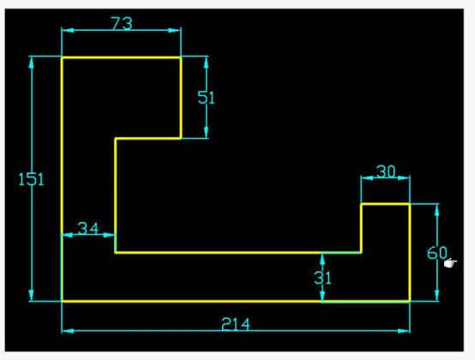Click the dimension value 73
tap(122, 23)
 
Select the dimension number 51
tap(206, 98)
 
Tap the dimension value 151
tap(31, 179)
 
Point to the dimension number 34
tap(88, 228)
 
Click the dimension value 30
tap(386, 171)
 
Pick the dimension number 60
tap(437, 253)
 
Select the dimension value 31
tap(323, 278)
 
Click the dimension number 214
tap(236, 324)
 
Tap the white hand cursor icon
tap(450, 263)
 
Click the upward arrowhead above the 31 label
tap(322, 259)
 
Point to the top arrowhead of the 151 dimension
tap(31, 62)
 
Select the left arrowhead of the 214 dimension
tap(68, 331)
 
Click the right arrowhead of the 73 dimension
tap(175, 30)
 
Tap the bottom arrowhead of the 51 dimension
tap(207, 133)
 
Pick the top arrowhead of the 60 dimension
tap(436, 210)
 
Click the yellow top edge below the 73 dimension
tap(122, 57)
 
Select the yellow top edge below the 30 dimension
tap(385, 204)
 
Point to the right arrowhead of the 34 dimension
tap(110, 235)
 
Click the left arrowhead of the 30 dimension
tap(367, 178)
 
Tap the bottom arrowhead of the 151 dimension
tap(31, 296)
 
